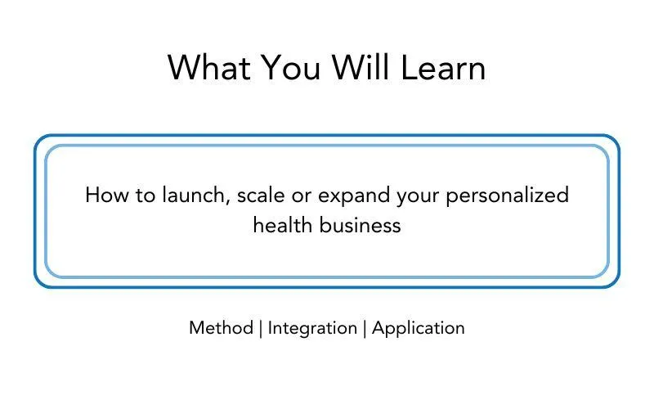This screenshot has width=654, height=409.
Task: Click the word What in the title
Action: coord(209,67)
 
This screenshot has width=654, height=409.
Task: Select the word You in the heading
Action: coord(291,67)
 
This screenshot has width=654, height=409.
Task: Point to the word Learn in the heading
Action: coord(443,67)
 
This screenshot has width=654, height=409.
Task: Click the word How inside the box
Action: coord(107,195)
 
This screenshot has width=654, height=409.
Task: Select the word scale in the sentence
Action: coord(261,195)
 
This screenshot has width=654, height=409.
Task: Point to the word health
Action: coord(283,225)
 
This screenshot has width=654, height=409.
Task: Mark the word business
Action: coord(360,225)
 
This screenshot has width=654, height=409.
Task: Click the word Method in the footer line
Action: coord(221,328)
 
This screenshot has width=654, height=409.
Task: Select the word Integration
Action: coord(312,329)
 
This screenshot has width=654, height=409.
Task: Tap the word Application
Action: coord(418,329)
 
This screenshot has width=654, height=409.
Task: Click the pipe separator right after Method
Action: coord(261,329)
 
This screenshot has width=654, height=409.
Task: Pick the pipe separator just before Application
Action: coord(365,329)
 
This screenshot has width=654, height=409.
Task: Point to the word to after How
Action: coord(146,196)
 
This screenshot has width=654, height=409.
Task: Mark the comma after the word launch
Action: coord(228,203)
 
